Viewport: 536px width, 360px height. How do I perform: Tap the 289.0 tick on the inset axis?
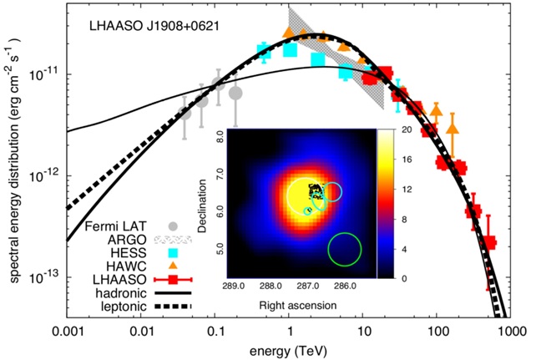(234, 287)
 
